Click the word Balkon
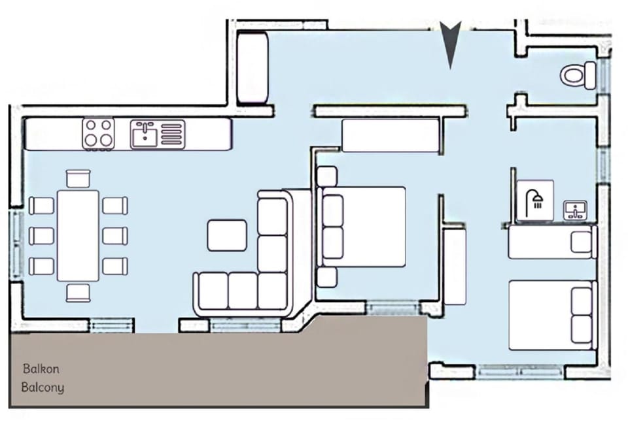pyautogui.click(x=41, y=369)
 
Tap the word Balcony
pyautogui.click(x=43, y=387)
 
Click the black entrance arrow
pyautogui.click(x=450, y=43)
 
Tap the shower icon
pyautogui.click(x=535, y=200)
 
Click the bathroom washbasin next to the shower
pyautogui.click(x=576, y=210)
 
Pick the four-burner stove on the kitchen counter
pyautogui.click(x=98, y=133)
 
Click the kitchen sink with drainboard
pyautogui.click(x=157, y=135)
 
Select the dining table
pyautogui.click(x=78, y=235)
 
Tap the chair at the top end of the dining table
pyautogui.click(x=78, y=178)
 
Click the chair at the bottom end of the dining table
pyautogui.click(x=78, y=292)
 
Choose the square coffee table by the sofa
pyautogui.click(x=227, y=235)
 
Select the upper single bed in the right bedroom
pyautogui.click(x=552, y=242)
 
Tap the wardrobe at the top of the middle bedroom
pyautogui.click(x=391, y=136)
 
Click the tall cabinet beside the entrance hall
pyautogui.click(x=253, y=69)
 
